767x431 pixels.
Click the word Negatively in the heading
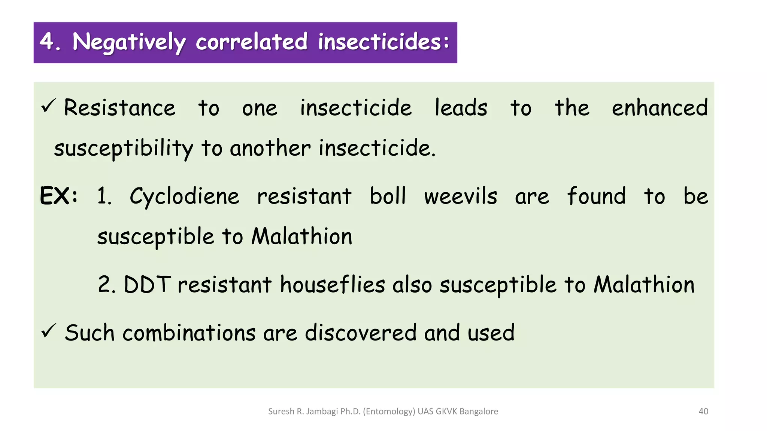pyautogui.click(x=129, y=42)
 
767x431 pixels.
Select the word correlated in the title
pyautogui.click(x=252, y=42)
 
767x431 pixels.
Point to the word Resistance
pyautogui.click(x=119, y=108)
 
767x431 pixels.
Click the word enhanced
pyautogui.click(x=660, y=108)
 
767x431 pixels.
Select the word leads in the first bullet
pyautogui.click(x=461, y=108)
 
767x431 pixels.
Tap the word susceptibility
pyautogui.click(x=124, y=149)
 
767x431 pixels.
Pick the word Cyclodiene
pyautogui.click(x=184, y=196)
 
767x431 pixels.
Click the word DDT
pyautogui.click(x=147, y=284)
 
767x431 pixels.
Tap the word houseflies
pyautogui.click(x=333, y=284)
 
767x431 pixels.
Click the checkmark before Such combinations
pyautogui.click(x=49, y=331)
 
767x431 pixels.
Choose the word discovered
pyautogui.click(x=361, y=333)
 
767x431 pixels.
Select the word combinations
pyautogui.click(x=189, y=333)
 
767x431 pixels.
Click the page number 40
pyautogui.click(x=703, y=412)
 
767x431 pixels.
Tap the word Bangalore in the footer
pyautogui.click(x=479, y=412)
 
